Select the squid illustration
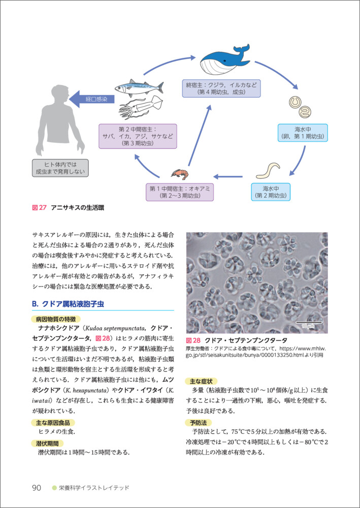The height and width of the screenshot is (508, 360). tap(140, 108)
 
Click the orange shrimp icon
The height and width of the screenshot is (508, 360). tap(179, 174)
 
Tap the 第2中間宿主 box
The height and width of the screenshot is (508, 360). tap(137, 136)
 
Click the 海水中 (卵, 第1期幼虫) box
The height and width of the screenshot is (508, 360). tap(303, 133)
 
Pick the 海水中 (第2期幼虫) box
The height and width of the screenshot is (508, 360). tap(270, 192)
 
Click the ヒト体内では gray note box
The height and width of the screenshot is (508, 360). tap(58, 168)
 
